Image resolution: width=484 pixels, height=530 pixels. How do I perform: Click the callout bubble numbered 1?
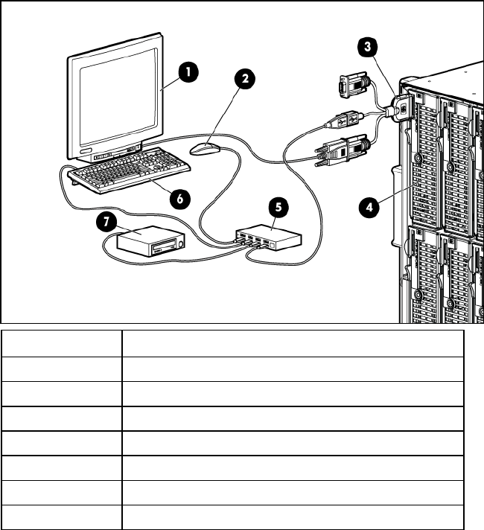click(x=189, y=72)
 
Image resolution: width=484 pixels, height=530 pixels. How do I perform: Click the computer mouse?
click(x=206, y=149)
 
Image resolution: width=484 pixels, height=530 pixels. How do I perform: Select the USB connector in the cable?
click(x=348, y=118)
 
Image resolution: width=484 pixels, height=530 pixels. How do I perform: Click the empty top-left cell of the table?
click(x=62, y=342)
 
